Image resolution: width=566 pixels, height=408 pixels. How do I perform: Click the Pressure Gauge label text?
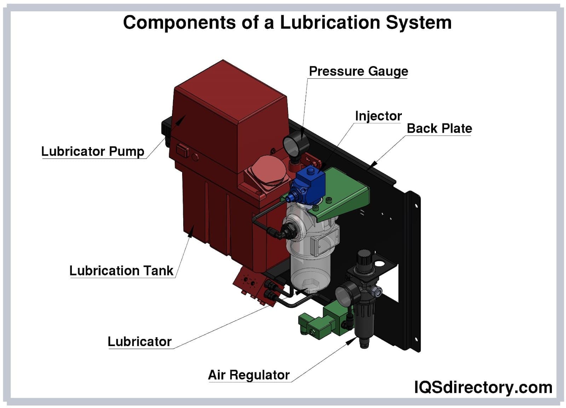(358, 71)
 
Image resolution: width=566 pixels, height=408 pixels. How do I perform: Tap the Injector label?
(378, 116)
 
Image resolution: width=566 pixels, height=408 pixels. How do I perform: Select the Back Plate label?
(439, 128)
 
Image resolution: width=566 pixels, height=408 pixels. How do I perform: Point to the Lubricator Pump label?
(93, 151)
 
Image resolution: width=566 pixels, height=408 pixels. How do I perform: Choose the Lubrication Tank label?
(121, 271)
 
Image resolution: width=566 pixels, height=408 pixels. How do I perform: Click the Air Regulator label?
(249, 375)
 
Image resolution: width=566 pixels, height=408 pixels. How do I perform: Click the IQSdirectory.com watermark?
(483, 387)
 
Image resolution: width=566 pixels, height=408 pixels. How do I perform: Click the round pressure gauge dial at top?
(292, 145)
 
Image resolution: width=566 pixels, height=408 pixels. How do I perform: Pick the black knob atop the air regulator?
(364, 258)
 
